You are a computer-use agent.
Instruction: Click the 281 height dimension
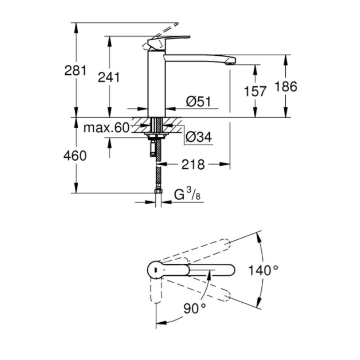75,71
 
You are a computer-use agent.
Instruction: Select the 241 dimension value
109,77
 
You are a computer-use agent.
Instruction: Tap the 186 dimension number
286,86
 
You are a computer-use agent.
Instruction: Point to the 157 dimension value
255,91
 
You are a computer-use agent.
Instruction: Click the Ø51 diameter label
198,101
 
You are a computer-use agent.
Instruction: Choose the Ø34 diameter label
199,137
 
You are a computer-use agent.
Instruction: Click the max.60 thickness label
107,128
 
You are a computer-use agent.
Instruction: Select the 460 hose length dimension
75,156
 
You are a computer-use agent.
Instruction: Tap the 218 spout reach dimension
193,164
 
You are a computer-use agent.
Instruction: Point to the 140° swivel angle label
264,270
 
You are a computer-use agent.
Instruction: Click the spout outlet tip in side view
230,63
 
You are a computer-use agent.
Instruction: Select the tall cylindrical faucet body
157,83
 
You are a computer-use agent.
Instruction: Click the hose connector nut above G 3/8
158,191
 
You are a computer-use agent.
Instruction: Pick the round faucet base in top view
155,270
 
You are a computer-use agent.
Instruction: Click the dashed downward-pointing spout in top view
156,290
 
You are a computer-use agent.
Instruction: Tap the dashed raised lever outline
161,36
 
